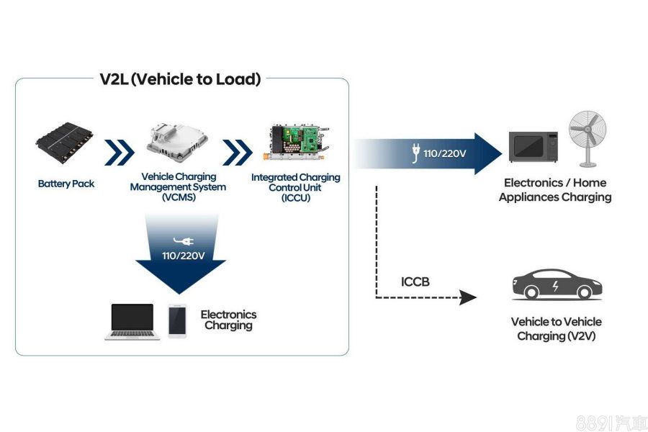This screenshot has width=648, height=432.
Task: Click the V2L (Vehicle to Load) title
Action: click(x=180, y=79)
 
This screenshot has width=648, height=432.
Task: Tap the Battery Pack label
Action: click(x=66, y=184)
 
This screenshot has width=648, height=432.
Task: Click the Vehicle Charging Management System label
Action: click(x=178, y=187)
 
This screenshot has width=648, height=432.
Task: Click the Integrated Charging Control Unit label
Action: click(x=296, y=187)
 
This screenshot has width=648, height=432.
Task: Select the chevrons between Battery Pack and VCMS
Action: click(x=120, y=152)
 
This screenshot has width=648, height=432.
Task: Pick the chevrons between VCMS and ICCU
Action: click(x=237, y=152)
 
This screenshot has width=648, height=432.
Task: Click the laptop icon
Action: click(x=132, y=321)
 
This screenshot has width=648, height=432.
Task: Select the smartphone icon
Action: click(x=177, y=320)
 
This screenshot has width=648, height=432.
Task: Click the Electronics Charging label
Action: click(x=228, y=320)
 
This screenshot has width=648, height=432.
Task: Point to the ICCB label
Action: click(x=415, y=282)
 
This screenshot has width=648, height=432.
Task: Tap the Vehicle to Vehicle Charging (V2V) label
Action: click(x=556, y=329)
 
